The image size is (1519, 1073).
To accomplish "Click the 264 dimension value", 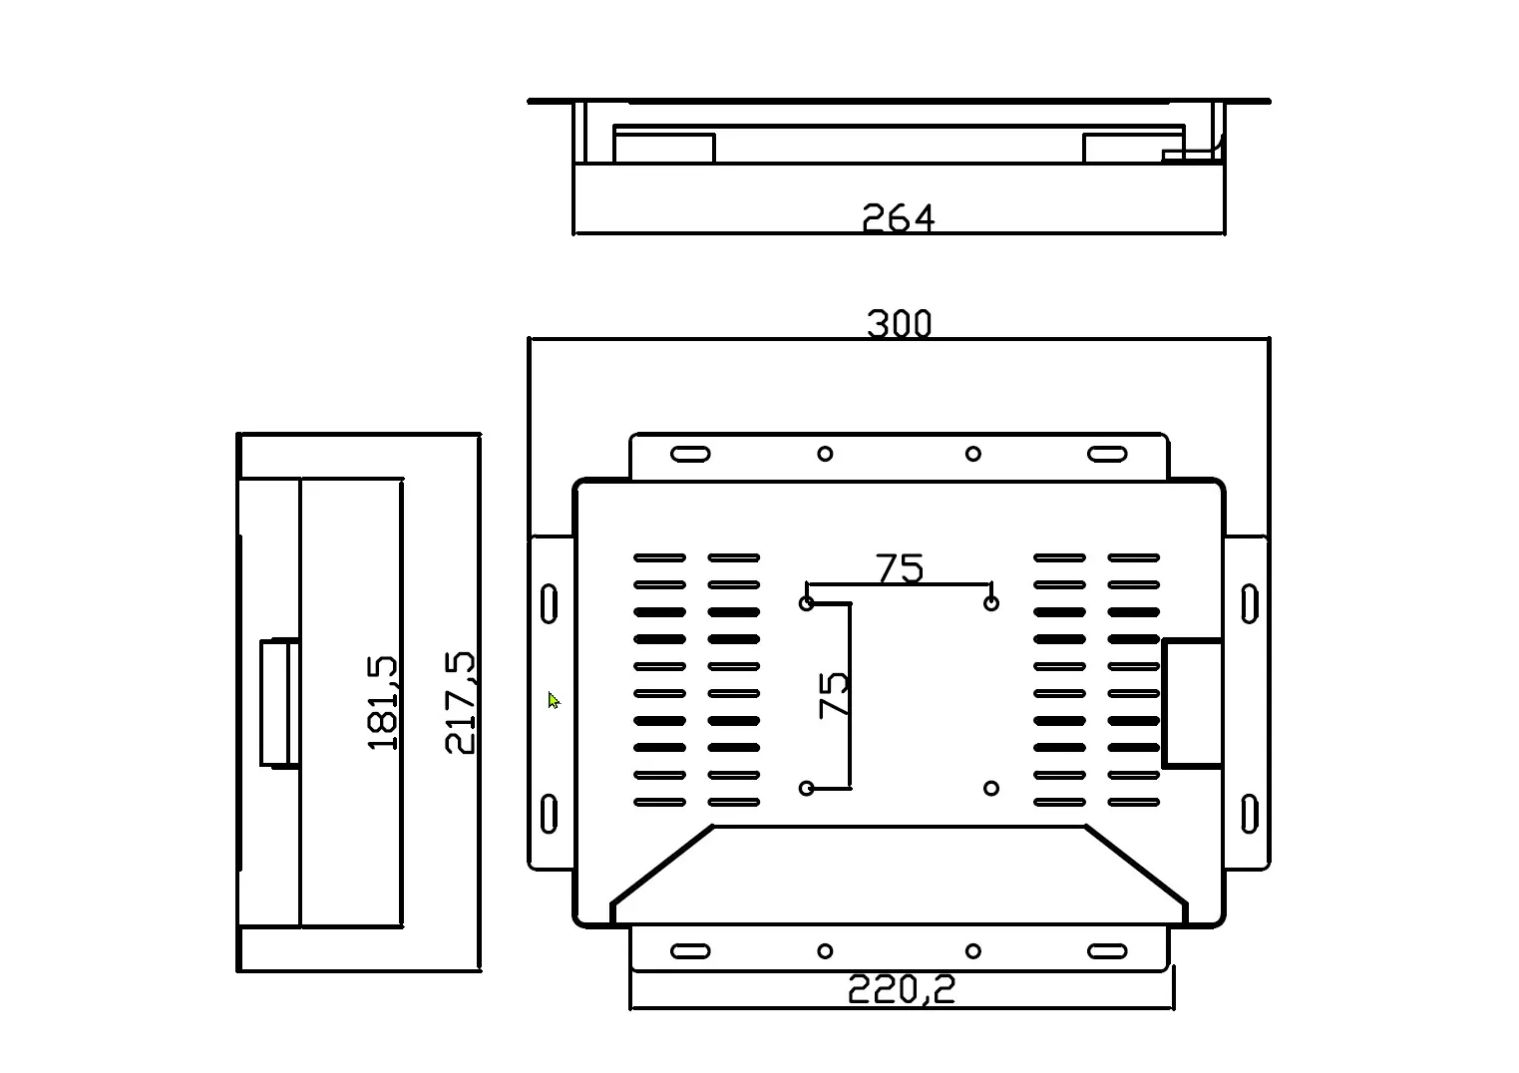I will (x=898, y=217).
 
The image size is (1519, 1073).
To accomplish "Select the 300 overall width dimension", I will (x=899, y=324).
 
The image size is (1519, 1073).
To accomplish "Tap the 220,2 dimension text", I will (x=901, y=989).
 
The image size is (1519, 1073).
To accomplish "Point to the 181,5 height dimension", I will (x=383, y=702).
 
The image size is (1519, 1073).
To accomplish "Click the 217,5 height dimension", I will (x=460, y=702).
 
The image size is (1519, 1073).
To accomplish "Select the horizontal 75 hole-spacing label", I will (x=900, y=568).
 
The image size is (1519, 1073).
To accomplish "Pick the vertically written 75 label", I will (x=833, y=694).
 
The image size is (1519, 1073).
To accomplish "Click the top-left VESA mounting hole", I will (x=807, y=603).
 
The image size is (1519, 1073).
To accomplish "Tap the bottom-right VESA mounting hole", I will (x=990, y=788).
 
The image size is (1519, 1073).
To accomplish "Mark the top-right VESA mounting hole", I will (x=990, y=603).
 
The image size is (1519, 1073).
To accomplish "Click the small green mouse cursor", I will (x=554, y=700).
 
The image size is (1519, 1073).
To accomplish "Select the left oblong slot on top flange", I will (x=690, y=454).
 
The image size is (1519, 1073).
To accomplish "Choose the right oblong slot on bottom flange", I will (x=1106, y=951).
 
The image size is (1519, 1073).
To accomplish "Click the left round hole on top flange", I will (x=825, y=454).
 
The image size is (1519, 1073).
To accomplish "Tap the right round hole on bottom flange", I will (x=972, y=951).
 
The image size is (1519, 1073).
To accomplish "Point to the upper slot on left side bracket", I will (x=549, y=604).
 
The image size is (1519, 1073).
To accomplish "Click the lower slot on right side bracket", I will (x=1249, y=813).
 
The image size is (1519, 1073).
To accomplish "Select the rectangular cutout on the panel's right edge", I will (x=1192, y=703).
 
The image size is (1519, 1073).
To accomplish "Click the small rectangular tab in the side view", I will (x=279, y=703).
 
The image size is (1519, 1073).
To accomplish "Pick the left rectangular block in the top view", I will (x=664, y=148).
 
